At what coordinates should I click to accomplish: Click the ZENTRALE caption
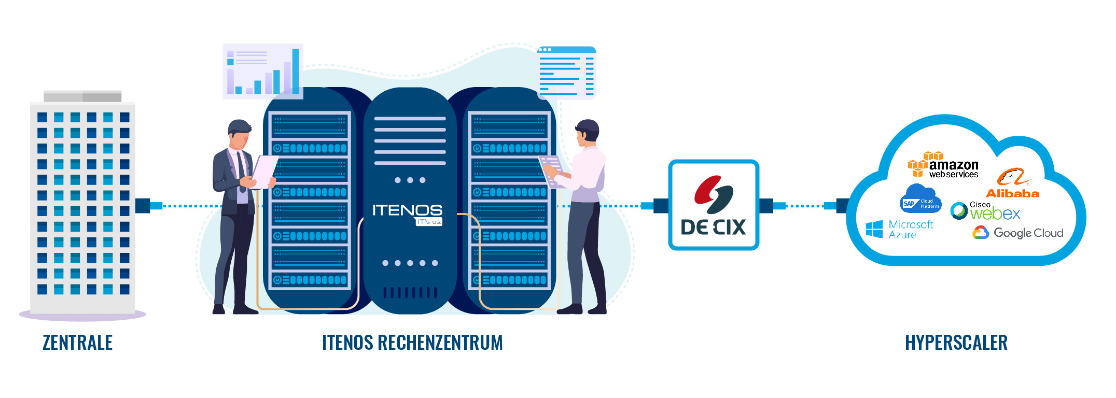tap(78, 343)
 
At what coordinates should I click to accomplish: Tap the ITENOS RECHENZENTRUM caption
tap(412, 343)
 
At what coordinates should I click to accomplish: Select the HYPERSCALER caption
tap(956, 343)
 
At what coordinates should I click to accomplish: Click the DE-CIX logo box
tap(714, 205)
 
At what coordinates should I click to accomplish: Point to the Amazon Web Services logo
tap(943, 165)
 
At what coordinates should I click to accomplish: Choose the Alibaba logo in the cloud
tap(1012, 184)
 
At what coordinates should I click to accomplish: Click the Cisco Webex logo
tap(985, 211)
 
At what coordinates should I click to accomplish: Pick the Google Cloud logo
tap(1018, 233)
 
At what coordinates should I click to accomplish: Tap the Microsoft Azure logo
tap(900, 229)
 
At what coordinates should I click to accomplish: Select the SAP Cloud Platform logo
tap(920, 199)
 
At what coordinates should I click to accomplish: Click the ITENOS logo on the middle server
tap(408, 213)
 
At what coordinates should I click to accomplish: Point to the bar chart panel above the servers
tap(263, 71)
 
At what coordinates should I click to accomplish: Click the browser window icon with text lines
tap(566, 72)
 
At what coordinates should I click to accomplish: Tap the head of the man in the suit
tap(239, 133)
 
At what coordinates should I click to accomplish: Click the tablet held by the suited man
tap(265, 170)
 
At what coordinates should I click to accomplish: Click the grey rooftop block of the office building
tap(82, 96)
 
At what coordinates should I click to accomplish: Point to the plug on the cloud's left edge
tap(842, 206)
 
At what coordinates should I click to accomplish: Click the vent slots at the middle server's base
tap(410, 293)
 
